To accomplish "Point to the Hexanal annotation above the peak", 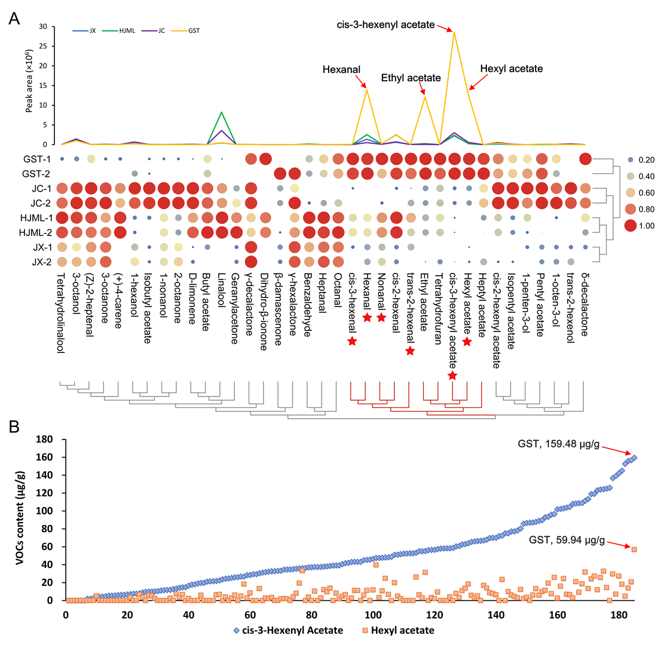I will click(x=341, y=69).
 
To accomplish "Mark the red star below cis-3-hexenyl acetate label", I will click(x=452, y=375).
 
